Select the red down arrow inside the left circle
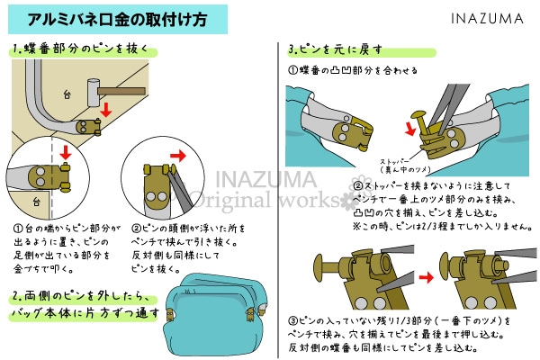pyautogui.click(x=64, y=153)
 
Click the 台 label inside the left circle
pyautogui.click(x=35, y=202)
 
